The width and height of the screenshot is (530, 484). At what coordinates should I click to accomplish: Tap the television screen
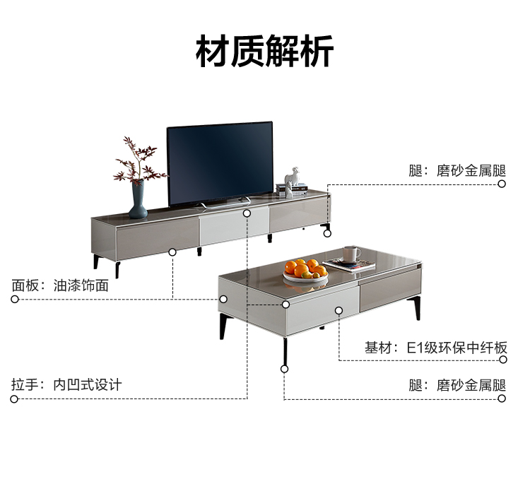pos(220,163)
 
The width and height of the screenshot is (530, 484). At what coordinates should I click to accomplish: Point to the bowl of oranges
pos(306,271)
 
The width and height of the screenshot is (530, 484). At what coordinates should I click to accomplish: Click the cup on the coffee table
pos(351,254)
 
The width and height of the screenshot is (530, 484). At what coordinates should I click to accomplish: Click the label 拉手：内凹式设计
pos(66,385)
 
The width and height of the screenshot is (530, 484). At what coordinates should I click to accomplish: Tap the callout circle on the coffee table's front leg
pos(285,368)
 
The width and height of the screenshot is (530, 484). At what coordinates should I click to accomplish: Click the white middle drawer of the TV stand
pos(233,227)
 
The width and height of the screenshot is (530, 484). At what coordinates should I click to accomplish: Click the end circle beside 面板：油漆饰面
pos(14,299)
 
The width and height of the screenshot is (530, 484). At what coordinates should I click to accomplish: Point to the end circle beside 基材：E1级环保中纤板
pos(502,360)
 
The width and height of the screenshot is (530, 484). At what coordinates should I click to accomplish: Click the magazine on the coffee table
pos(350,266)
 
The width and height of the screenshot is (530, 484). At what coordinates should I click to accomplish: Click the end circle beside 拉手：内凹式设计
pos(14,399)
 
